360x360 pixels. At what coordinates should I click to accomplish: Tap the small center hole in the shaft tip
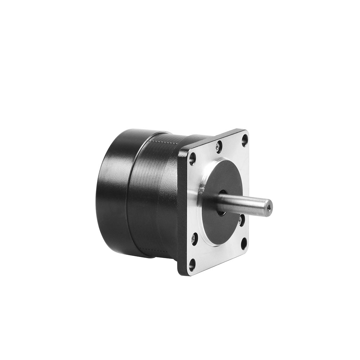point(269,207)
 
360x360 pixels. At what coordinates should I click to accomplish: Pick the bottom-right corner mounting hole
point(244,243)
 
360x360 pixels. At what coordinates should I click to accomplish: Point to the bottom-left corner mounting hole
point(192,265)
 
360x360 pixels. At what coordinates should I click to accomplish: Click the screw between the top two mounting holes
point(219,146)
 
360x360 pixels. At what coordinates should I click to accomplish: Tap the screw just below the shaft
point(241,220)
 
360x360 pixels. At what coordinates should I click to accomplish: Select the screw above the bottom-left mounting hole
point(194,238)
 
